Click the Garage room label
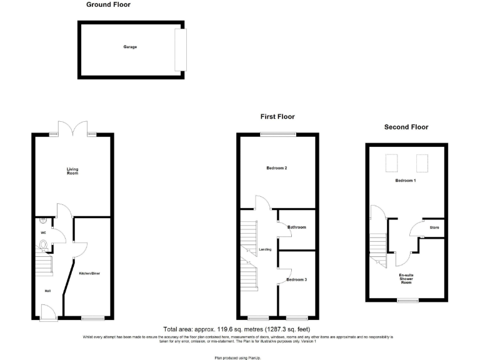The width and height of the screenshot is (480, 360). tap(130, 47)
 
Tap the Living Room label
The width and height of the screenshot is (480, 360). tap(73, 170)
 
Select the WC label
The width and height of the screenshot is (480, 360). tap(44, 233)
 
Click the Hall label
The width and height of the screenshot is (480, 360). tap(47, 291)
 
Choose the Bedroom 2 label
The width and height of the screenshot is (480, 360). tap(277, 168)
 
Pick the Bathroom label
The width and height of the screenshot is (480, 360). tap(296, 227)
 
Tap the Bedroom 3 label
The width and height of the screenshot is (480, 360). tap(296, 279)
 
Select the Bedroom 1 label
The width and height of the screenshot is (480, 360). tap(406, 181)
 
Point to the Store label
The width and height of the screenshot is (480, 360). tap(434, 227)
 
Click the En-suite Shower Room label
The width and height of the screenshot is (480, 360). tap(406, 279)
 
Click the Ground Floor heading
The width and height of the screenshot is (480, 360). tap(108, 5)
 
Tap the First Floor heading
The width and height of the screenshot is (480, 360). tap(277, 117)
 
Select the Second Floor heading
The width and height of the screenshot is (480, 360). tap(406, 127)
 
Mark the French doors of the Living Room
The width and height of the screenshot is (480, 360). tap(73, 129)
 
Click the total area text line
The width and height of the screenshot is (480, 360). tap(236, 329)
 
